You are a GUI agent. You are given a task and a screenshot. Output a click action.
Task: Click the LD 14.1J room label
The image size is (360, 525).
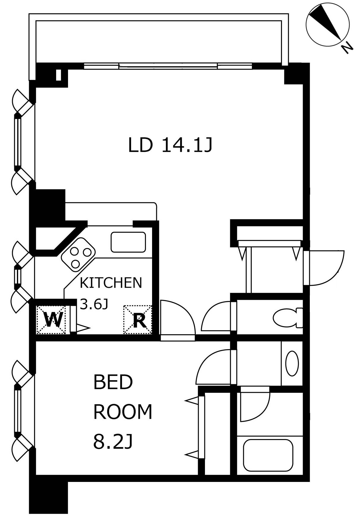pyautogui.click(x=170, y=145)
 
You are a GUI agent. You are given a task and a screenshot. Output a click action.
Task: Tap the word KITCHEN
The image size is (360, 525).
pyautogui.click(x=111, y=283)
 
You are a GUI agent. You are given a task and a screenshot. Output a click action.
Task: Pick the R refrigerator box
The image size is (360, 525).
pyautogui.click(x=138, y=319)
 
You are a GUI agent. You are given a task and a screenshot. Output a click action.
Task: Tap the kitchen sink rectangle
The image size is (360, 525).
pyautogui.click(x=128, y=242)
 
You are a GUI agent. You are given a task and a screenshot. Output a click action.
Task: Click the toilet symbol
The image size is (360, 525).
pyautogui.click(x=288, y=318)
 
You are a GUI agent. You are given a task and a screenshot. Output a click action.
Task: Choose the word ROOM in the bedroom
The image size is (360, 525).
pyautogui.click(x=123, y=412)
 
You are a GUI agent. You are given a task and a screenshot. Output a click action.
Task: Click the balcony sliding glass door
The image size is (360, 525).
pyautogui.click(x=168, y=66)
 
